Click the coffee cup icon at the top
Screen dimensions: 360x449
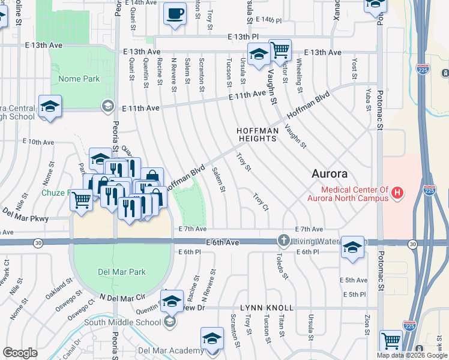tap(175, 13)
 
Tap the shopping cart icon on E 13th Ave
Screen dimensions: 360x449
tap(280, 51)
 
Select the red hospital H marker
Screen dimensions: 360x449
tap(397, 193)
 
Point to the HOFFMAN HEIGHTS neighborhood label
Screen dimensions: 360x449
tap(257, 134)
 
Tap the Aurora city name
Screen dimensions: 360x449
tap(330, 174)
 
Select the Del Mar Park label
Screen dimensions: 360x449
tap(122, 272)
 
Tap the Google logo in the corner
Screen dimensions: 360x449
tap(20, 353)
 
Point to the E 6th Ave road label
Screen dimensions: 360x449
tap(222, 242)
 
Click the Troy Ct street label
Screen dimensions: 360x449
tap(260, 202)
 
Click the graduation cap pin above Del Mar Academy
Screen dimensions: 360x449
tap(211, 338)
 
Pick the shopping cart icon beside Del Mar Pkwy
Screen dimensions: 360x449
tap(81, 200)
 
